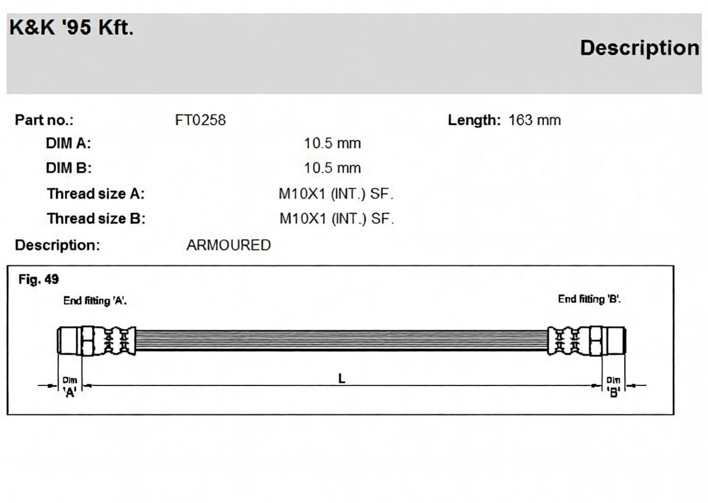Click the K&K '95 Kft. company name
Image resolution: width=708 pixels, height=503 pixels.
click(72, 27)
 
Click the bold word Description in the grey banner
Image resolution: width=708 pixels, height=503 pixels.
click(640, 48)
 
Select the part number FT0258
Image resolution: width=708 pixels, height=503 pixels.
click(200, 120)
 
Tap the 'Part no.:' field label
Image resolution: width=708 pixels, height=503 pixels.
click(44, 120)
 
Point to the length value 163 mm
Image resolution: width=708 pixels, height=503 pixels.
click(535, 120)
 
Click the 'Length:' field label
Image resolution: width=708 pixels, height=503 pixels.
click(475, 121)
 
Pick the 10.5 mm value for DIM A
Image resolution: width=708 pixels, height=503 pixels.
click(332, 143)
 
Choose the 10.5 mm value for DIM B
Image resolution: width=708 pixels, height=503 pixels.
click(332, 168)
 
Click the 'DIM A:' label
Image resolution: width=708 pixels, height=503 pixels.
click(68, 143)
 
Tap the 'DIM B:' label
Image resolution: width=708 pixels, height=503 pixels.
click(69, 168)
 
